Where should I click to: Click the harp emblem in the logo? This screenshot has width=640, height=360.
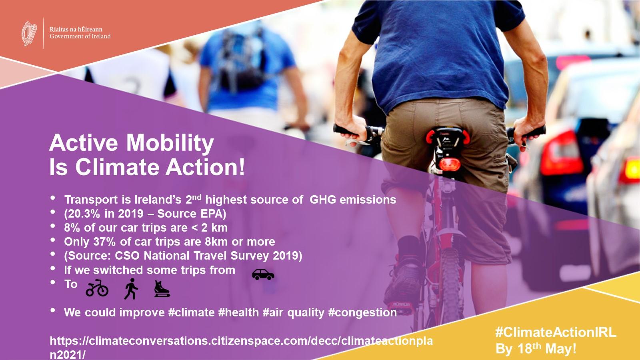pos(29,34)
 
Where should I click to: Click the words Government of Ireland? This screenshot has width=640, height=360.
pos(80,36)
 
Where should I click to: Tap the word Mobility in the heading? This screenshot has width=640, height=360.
pos(170,142)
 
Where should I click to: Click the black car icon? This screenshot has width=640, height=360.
pos(263,274)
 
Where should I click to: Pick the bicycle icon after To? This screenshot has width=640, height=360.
pos(97,288)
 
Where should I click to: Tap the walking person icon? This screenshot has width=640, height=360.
pos(131,288)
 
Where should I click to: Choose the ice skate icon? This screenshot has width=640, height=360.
pos(162,289)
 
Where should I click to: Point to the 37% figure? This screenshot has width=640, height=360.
pos(104,242)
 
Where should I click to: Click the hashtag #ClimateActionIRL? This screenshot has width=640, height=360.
pos(556,332)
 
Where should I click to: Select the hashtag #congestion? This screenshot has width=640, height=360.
pos(362,312)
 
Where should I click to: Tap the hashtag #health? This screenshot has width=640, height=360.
pos(238,312)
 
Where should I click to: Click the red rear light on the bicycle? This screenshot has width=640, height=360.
pos(450,164)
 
